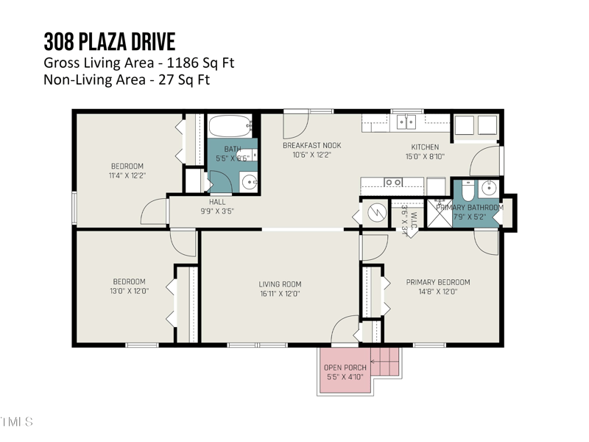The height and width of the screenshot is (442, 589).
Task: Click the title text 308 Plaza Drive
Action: pos(110,40)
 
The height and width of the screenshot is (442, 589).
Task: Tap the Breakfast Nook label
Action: pos(311,145)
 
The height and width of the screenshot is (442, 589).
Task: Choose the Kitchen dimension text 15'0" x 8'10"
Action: pos(425,156)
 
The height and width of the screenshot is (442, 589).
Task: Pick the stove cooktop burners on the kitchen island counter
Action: pos(393,182)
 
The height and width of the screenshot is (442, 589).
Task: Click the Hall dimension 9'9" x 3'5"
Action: pos(217,211)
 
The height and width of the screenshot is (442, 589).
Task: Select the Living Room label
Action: pos(280,284)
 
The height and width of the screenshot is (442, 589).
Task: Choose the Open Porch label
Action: pos(345,368)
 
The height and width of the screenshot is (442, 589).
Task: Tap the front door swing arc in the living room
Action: pos(343,329)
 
